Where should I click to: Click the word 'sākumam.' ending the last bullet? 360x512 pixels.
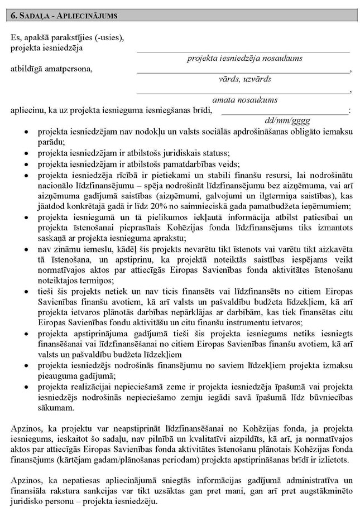coord(54,408)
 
